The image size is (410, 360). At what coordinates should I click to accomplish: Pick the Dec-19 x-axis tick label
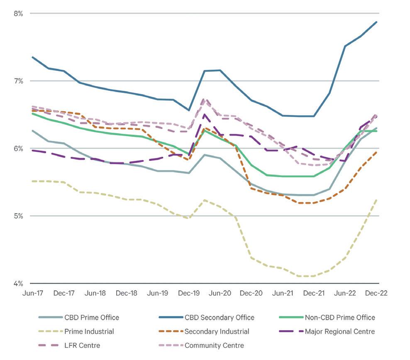[x=188, y=293]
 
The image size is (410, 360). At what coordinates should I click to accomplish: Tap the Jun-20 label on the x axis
[x=220, y=293]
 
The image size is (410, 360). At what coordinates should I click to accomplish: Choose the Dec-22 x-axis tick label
[x=376, y=293]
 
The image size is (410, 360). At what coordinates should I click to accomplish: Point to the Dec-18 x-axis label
[x=126, y=293]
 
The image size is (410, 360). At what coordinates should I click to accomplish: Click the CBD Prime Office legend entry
[x=92, y=318]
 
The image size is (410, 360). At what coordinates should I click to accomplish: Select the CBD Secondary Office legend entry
[x=219, y=318]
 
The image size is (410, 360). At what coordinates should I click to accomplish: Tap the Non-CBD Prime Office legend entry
[x=339, y=318]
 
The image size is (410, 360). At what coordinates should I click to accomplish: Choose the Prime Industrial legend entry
[x=89, y=331]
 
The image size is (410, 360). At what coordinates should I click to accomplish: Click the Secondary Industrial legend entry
[x=217, y=331]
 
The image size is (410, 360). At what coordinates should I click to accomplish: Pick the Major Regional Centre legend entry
[x=339, y=331]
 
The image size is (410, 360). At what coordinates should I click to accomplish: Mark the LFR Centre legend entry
[x=82, y=345]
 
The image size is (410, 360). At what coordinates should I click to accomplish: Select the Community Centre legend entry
[x=214, y=345]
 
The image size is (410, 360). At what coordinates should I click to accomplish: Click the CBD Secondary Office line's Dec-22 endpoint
[x=376, y=22]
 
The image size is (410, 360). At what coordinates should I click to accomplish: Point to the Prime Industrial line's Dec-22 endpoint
[x=376, y=199]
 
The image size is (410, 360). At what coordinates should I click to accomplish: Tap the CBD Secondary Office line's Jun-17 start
[x=32, y=57]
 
